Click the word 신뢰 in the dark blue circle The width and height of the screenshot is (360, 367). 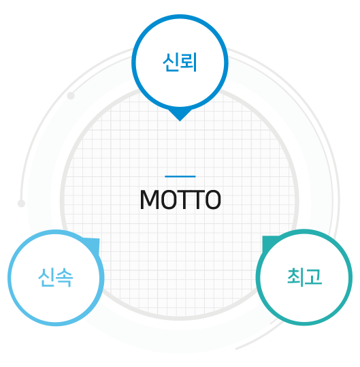[x=180, y=62]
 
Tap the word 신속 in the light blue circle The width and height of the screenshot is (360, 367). [x=56, y=278]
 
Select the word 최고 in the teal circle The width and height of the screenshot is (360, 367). [x=305, y=277]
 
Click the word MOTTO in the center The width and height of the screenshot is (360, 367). [x=180, y=200]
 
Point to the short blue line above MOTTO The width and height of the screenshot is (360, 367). [x=180, y=176]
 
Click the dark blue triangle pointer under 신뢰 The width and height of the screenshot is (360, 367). [x=180, y=114]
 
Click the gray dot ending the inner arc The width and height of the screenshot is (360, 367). [x=71, y=95]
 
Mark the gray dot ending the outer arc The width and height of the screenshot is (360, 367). [x=21, y=204]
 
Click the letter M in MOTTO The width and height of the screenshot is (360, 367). [x=150, y=200]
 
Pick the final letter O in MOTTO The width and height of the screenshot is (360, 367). [x=213, y=200]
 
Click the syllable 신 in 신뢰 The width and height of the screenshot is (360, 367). [x=171, y=62]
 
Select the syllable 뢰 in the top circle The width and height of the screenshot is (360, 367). [x=189, y=62]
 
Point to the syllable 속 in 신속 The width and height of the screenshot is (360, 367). [x=65, y=278]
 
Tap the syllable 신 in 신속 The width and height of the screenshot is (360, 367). [x=47, y=278]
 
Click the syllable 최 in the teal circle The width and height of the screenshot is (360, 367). [x=295, y=277]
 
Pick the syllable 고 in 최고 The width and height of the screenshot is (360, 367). [x=314, y=277]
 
